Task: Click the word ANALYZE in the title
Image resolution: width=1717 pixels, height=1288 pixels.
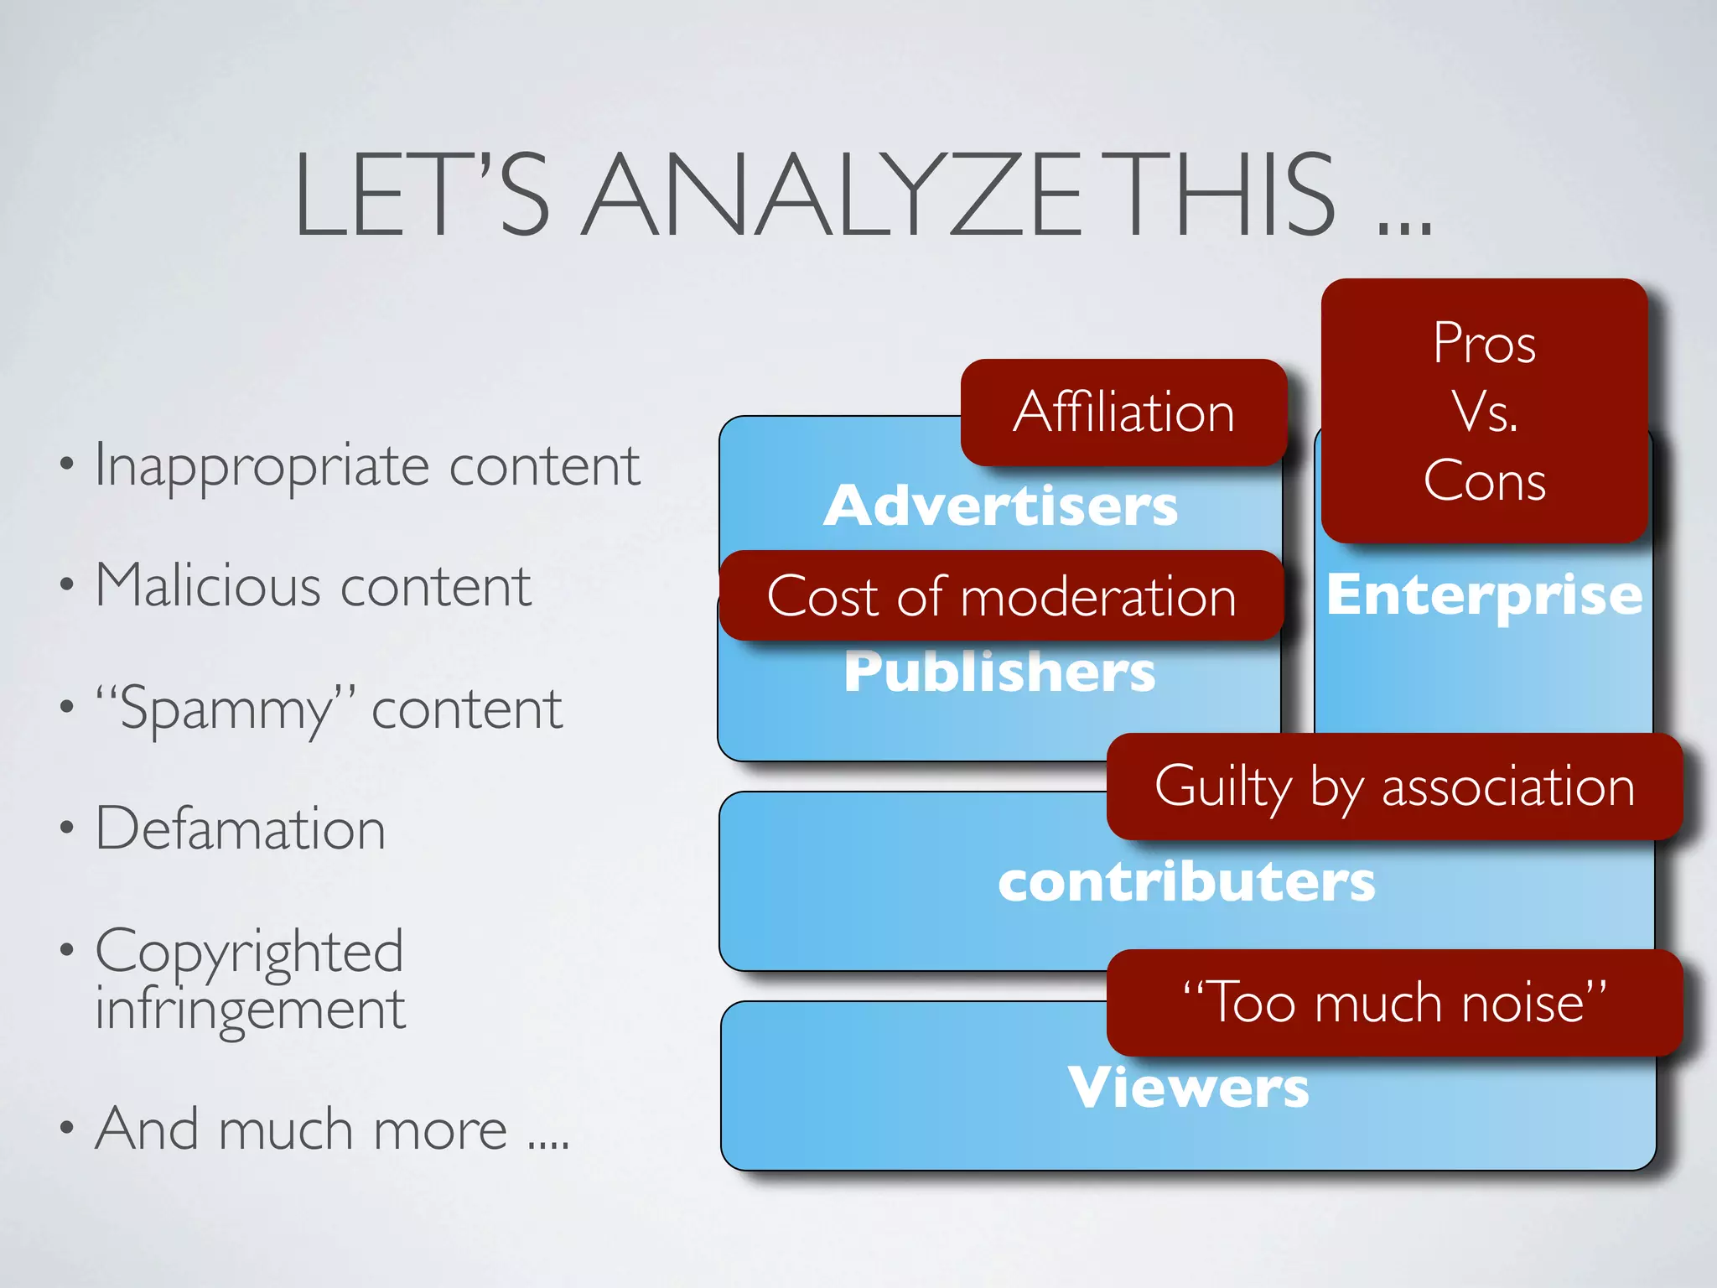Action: coord(830,195)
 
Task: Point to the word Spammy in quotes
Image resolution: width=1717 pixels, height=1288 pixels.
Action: coord(226,709)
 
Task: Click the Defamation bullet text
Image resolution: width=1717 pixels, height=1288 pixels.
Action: coord(241,828)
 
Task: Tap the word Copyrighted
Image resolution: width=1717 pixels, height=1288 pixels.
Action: coord(249,952)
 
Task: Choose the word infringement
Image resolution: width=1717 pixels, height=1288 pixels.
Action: coord(250,1008)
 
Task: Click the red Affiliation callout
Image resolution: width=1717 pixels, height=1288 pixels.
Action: coord(1123,413)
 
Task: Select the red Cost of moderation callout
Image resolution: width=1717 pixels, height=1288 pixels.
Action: coord(1001,596)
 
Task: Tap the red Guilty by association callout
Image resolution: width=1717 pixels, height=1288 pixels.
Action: coord(1394,787)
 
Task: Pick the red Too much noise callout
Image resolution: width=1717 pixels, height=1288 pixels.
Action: coord(1394,1002)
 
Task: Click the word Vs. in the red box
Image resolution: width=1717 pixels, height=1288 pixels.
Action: coord(1484,412)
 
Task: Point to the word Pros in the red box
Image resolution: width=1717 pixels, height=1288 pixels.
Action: coord(1484,343)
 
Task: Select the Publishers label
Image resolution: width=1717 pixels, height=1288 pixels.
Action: coord(999,672)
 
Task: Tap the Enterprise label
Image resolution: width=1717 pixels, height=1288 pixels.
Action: coord(1484,595)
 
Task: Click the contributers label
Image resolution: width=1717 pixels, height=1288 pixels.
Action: coord(1186,882)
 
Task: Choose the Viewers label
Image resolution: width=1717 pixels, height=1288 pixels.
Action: coord(1188,1088)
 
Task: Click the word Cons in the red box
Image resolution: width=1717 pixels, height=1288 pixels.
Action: coord(1484,481)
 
